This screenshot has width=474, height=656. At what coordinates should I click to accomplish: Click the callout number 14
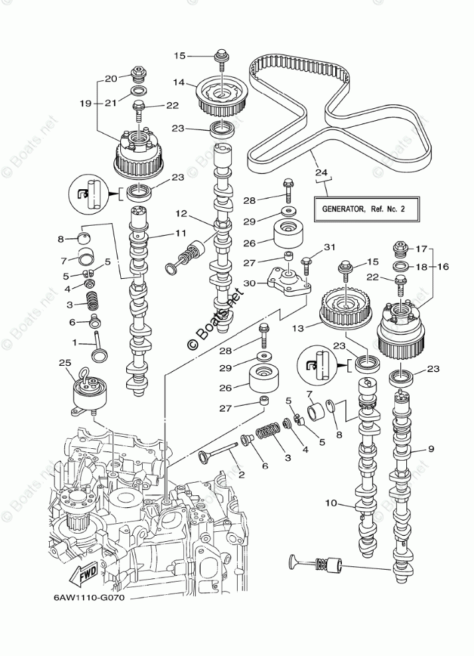[x=178, y=82]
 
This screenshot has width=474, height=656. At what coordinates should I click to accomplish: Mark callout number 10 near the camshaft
[x=331, y=504]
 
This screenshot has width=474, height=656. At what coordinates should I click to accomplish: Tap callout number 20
[x=111, y=78]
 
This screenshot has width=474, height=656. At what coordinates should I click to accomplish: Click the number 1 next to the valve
[x=75, y=343]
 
